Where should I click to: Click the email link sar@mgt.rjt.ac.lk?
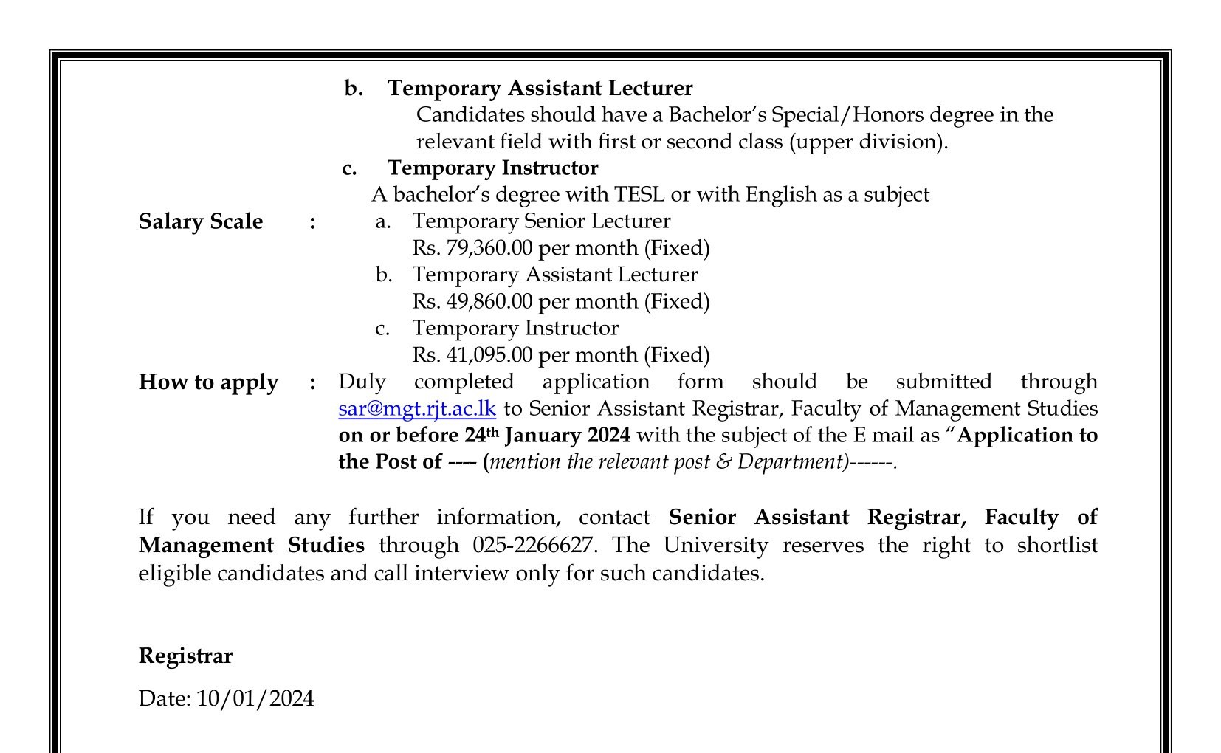[416, 409]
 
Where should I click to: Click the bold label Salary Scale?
[200, 221]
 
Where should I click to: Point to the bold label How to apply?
[208, 382]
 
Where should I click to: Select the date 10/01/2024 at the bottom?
[255, 699]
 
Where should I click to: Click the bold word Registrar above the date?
[185, 656]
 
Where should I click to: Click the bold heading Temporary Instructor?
[492, 168]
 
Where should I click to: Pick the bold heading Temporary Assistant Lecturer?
[540, 89]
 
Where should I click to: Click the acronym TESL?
[639, 195]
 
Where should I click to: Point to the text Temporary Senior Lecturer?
[540, 221]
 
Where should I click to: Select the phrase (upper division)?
[868, 142]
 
